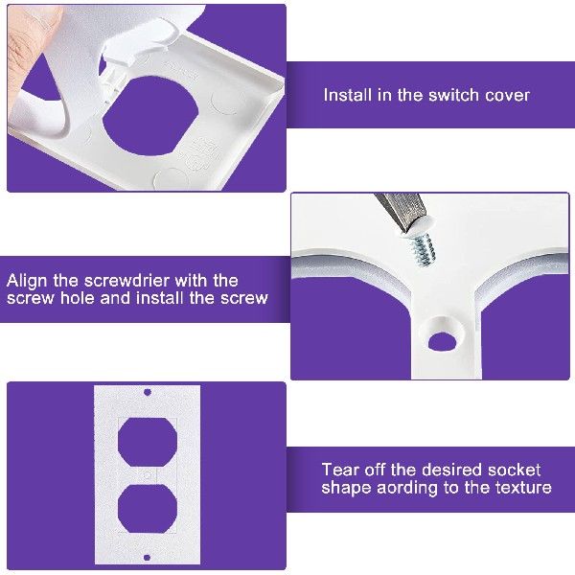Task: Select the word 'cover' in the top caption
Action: (507, 95)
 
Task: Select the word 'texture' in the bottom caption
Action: (518, 487)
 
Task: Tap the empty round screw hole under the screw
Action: (443, 337)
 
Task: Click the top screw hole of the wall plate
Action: (147, 393)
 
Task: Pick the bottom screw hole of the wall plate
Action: (147, 556)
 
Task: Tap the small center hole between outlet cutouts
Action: (147, 474)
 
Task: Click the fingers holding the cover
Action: (38, 57)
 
